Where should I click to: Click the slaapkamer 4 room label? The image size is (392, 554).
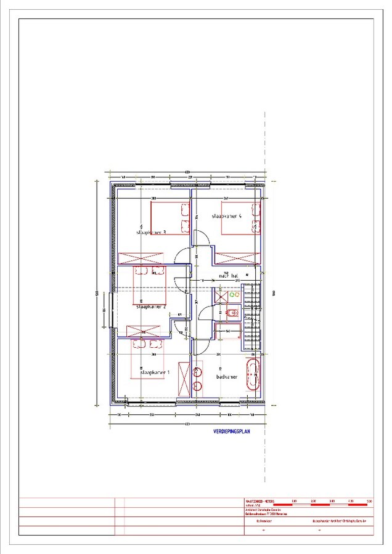pyautogui.click(x=227, y=217)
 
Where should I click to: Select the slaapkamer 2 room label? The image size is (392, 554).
pyautogui.click(x=151, y=305)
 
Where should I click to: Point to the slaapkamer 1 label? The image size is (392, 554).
pyautogui.click(x=155, y=372)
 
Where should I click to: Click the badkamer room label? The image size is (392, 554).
pyautogui.click(x=227, y=376)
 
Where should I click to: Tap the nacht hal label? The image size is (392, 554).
pyautogui.click(x=226, y=276)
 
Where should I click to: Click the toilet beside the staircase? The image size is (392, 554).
pyautogui.click(x=231, y=313)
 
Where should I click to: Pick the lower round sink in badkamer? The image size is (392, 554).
pyautogui.click(x=197, y=386)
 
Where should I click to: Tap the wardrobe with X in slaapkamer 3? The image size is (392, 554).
pyautogui.click(x=141, y=257)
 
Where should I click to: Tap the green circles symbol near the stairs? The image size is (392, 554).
pyautogui.click(x=234, y=295)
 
